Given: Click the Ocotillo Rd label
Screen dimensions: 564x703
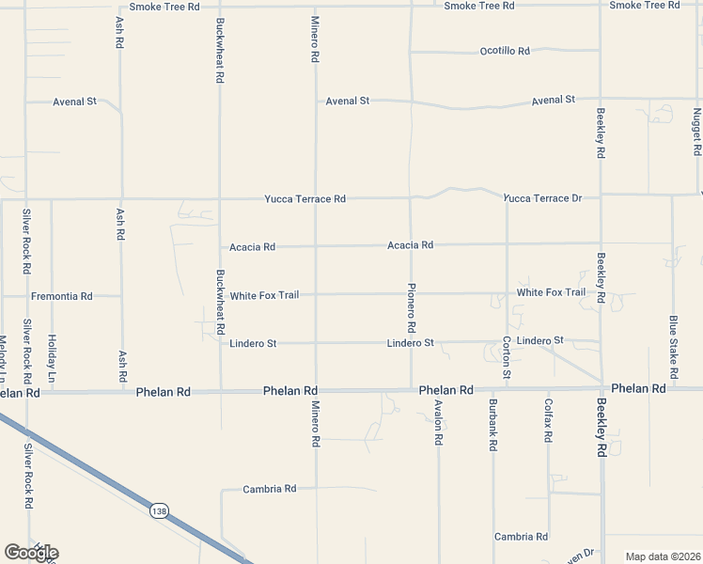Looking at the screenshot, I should point(505,51).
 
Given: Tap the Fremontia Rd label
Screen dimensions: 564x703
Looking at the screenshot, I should point(62,296).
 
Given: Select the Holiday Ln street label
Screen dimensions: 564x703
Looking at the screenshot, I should point(53,358).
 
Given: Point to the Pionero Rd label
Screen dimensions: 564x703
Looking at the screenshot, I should point(411,307).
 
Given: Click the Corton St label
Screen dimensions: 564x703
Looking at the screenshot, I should point(507,358).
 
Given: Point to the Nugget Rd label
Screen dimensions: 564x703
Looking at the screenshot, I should point(696,132).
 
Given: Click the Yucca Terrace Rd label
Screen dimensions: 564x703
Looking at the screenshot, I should point(305,199).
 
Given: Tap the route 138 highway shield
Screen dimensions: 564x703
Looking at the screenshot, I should point(159,510).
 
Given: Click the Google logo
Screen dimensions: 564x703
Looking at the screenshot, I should point(31,552).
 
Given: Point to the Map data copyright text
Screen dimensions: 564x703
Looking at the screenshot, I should point(663,556).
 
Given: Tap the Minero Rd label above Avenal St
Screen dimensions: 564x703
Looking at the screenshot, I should point(315,39).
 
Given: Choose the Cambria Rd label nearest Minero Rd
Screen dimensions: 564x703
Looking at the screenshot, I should point(270,489).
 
